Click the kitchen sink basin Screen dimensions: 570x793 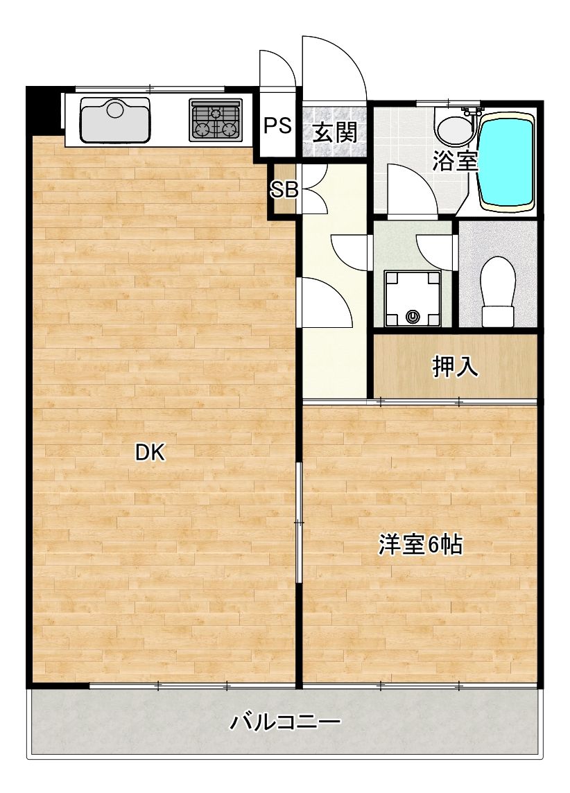[115, 121]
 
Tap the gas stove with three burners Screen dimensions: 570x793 [216, 119]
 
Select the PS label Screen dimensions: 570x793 [278, 125]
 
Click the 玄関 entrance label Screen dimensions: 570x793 [335, 132]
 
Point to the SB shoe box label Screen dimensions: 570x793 [284, 190]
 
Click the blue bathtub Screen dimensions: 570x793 [506, 162]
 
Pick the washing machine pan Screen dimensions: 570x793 [412, 298]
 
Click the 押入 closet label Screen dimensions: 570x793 [455, 367]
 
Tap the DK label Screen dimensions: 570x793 [150, 453]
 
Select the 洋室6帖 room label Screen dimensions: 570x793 [421, 545]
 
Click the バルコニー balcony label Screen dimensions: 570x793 [286, 722]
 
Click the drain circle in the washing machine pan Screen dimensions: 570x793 [413, 317]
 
